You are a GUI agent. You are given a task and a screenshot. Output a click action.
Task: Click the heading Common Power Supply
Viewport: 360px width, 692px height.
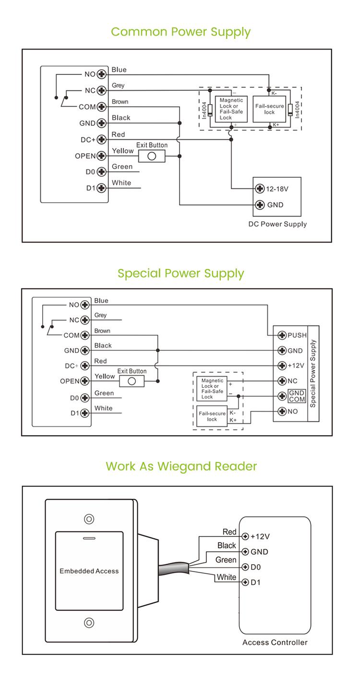tap(180, 32)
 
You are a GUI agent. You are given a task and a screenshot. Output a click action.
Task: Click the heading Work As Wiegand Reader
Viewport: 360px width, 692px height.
tap(181, 466)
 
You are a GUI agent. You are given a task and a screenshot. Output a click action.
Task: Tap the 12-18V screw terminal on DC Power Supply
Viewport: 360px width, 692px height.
tap(260, 188)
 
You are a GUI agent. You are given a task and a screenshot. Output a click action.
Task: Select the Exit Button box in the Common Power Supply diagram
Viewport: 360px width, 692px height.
tap(152, 156)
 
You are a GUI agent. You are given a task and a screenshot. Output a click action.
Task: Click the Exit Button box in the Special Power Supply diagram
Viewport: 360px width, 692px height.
tap(132, 381)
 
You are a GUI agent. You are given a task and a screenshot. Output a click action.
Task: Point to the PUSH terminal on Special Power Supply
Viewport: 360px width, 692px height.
tap(282, 335)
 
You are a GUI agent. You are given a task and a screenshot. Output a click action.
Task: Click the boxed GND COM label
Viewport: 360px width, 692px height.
tap(297, 396)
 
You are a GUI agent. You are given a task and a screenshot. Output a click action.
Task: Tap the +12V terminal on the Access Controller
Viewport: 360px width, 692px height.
tap(245, 536)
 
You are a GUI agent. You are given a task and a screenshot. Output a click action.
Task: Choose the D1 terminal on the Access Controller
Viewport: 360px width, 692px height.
tap(245, 583)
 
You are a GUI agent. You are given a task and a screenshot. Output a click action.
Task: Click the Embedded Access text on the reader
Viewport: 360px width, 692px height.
tap(89, 571)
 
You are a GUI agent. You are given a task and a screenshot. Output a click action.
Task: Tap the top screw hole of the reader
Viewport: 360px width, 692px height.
tap(89, 519)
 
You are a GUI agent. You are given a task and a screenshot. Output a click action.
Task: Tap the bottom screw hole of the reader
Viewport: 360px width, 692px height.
tap(89, 623)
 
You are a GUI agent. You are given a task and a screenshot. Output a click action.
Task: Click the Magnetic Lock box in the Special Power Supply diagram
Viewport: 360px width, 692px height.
tap(213, 389)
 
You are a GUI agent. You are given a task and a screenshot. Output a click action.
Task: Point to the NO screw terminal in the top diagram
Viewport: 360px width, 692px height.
tap(101, 74)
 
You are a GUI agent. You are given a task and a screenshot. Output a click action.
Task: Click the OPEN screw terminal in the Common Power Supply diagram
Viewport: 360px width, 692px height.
tap(101, 156)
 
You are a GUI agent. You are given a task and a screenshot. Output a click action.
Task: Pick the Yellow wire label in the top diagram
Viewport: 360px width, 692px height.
tap(122, 151)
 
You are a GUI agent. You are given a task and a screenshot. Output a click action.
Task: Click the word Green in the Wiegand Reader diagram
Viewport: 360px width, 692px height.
tap(226, 560)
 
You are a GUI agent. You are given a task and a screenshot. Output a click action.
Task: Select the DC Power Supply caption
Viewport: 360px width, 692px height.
tap(277, 224)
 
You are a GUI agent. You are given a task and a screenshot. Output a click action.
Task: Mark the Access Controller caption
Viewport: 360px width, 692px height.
tap(275, 643)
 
